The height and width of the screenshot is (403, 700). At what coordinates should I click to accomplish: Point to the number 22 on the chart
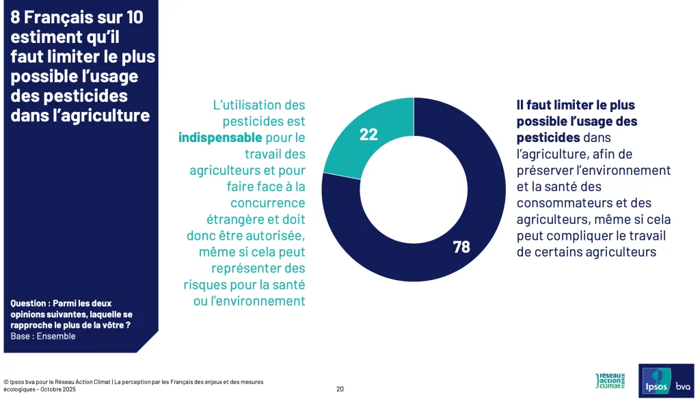(x=368, y=135)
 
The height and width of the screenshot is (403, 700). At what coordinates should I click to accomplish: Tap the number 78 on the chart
(x=461, y=247)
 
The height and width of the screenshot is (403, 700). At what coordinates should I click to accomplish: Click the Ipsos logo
(x=654, y=386)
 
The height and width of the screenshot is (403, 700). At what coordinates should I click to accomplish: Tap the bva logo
(x=683, y=387)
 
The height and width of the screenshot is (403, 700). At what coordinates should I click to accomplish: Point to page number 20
(x=340, y=389)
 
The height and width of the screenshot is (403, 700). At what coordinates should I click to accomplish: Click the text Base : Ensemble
(x=43, y=336)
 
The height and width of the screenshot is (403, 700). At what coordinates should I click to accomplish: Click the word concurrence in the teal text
(x=267, y=203)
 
